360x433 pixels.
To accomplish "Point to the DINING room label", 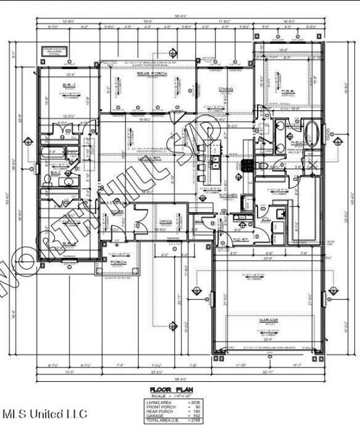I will (x=226, y=90).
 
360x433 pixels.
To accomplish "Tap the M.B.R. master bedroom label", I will (x=287, y=90).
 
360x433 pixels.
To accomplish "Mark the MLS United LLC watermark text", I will (x=45, y=414).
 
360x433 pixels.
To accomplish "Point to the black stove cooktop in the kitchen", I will (x=246, y=165).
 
